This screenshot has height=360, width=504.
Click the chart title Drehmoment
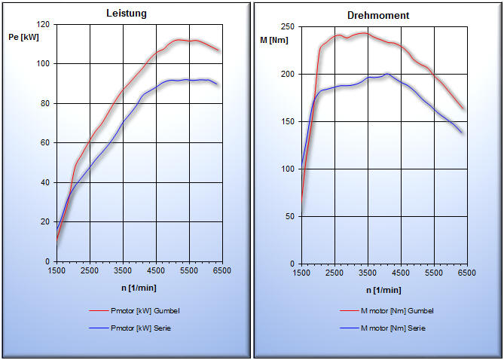[x=378, y=15]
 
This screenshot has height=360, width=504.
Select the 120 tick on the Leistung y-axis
[x=43, y=25]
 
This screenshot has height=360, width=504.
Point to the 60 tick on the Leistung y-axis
[x=45, y=143]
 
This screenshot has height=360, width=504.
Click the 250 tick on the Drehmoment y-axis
[x=288, y=26]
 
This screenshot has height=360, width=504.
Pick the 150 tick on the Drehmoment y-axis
[x=288, y=121]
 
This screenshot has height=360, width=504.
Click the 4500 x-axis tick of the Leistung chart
[x=156, y=270]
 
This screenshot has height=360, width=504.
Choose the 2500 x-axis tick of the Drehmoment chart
[x=334, y=273]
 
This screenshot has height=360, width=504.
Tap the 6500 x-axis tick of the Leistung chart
[x=221, y=270]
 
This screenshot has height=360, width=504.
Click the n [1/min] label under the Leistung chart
[x=139, y=288]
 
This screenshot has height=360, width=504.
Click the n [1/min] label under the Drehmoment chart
[x=384, y=290]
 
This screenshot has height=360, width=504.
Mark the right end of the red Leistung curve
[x=218, y=50]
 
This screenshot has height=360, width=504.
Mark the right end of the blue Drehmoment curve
[x=463, y=133]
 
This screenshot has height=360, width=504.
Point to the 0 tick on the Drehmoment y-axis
[x=292, y=264]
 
